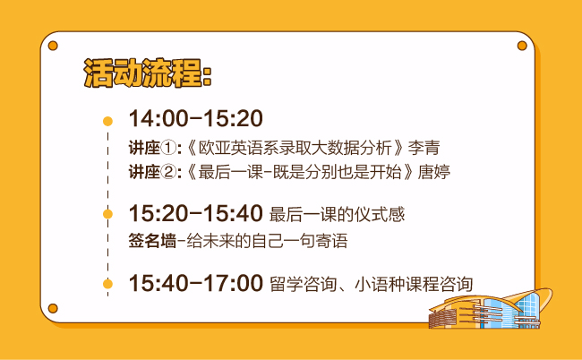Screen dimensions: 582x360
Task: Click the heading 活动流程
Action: pyautogui.click(x=144, y=73)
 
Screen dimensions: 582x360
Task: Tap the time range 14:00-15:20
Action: pyautogui.click(x=195, y=118)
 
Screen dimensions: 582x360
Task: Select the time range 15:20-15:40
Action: pyautogui.click(x=195, y=213)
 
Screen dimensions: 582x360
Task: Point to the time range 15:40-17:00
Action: pyautogui.click(x=195, y=283)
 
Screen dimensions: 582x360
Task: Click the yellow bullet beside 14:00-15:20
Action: pyautogui.click(x=107, y=121)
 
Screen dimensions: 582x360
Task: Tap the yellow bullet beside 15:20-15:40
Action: pyautogui.click(x=107, y=214)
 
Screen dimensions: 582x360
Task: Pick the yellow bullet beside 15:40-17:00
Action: pyautogui.click(x=107, y=284)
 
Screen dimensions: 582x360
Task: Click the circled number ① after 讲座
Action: pyautogui.click(x=169, y=148)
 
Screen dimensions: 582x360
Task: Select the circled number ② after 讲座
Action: pyautogui.click(x=169, y=172)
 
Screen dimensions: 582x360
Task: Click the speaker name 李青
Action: pyautogui.click(x=424, y=148)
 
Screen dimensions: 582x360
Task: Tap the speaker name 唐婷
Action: pyautogui.click(x=434, y=172)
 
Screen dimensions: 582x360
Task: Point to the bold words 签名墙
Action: pyautogui.click(x=152, y=241)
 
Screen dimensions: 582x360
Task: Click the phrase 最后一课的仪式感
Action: pyautogui.click(x=337, y=215)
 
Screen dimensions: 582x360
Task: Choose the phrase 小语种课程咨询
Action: pyautogui.click(x=414, y=284)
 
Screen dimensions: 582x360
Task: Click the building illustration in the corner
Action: pyautogui.click(x=491, y=309)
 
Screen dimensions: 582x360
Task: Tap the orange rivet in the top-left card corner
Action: pyautogui.click(x=53, y=46)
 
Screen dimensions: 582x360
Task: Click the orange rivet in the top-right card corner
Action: pyautogui.click(x=522, y=46)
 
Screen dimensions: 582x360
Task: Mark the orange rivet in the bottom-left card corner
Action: pyautogui.click(x=53, y=308)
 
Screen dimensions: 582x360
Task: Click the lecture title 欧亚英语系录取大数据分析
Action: pyautogui.click(x=295, y=148)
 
